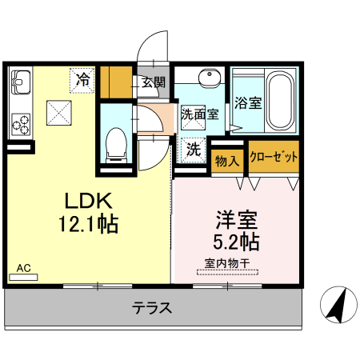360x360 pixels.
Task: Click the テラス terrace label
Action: (x=151, y=309)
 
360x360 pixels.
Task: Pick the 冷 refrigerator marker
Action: (x=83, y=78)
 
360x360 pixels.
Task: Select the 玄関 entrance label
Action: (x=154, y=81)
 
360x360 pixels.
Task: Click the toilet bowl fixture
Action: (x=115, y=140)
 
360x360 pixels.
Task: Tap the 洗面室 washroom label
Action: (x=199, y=114)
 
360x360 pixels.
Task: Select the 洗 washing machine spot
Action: (x=194, y=147)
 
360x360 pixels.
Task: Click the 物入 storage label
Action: (x=227, y=161)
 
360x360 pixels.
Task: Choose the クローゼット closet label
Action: (x=273, y=156)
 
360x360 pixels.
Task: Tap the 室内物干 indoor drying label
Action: (x=226, y=262)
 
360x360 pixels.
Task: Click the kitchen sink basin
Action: (x=20, y=82)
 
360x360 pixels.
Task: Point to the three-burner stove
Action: (x=20, y=124)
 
